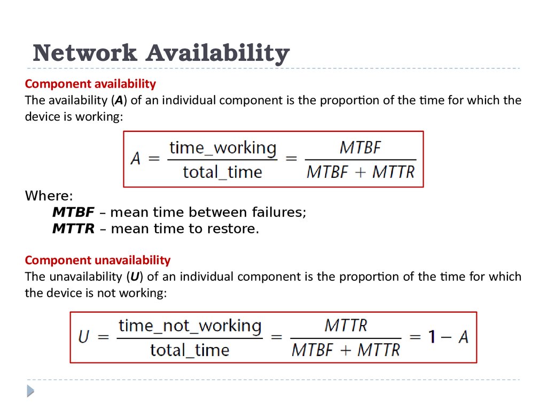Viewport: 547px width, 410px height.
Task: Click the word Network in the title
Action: pos(85,53)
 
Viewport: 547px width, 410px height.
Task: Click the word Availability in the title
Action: pos(218,54)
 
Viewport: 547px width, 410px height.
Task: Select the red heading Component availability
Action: pos(90,84)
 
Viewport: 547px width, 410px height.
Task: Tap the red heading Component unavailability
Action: pos(98,260)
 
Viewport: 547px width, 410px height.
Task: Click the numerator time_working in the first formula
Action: pos(223,148)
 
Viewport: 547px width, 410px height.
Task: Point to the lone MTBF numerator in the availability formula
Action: pos(361,147)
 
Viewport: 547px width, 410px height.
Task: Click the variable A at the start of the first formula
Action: pos(135,159)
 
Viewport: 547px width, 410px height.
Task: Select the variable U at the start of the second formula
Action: pos(84,337)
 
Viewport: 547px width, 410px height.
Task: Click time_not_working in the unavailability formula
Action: pos(190,326)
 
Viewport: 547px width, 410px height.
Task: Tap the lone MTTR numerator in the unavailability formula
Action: pos(346,326)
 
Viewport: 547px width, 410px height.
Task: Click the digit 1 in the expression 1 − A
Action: pos(432,337)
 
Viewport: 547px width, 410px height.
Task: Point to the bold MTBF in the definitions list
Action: pos(73,212)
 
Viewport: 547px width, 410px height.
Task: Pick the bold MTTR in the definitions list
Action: pos(73,228)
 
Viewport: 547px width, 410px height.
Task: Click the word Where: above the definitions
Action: pos(49,195)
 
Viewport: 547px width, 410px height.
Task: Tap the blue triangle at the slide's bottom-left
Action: pos(30,391)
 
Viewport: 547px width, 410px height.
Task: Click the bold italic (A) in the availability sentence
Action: pos(119,100)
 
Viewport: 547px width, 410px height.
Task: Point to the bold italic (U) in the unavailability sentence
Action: pos(135,277)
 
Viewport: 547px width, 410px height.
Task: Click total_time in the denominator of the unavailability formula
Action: pos(190,350)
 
